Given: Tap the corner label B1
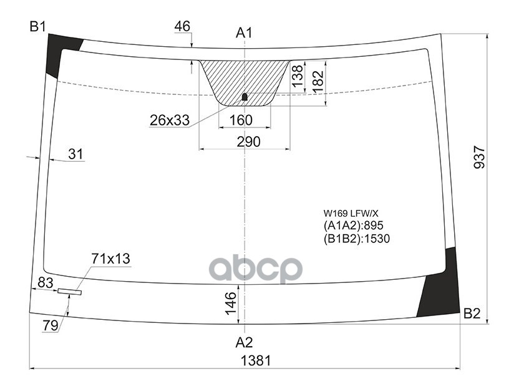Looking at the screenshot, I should tap(38, 26).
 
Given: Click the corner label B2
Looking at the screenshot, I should tap(472, 314).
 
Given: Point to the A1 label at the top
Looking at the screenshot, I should tap(244, 32).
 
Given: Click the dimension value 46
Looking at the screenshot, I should tap(182, 26).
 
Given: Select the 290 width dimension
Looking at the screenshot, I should tap(248, 142).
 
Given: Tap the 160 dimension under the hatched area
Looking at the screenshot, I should tap(241, 120).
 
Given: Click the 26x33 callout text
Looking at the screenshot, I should tap(169, 120).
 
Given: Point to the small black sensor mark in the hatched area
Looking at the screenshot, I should tap(245, 97).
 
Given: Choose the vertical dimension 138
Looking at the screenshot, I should tap(298, 76).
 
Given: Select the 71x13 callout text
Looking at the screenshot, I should tap(110, 259).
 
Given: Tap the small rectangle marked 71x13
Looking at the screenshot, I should tap(69, 292).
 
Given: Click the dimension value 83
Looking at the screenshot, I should tap(45, 282).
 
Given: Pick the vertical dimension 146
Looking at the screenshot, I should tap(230, 303).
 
